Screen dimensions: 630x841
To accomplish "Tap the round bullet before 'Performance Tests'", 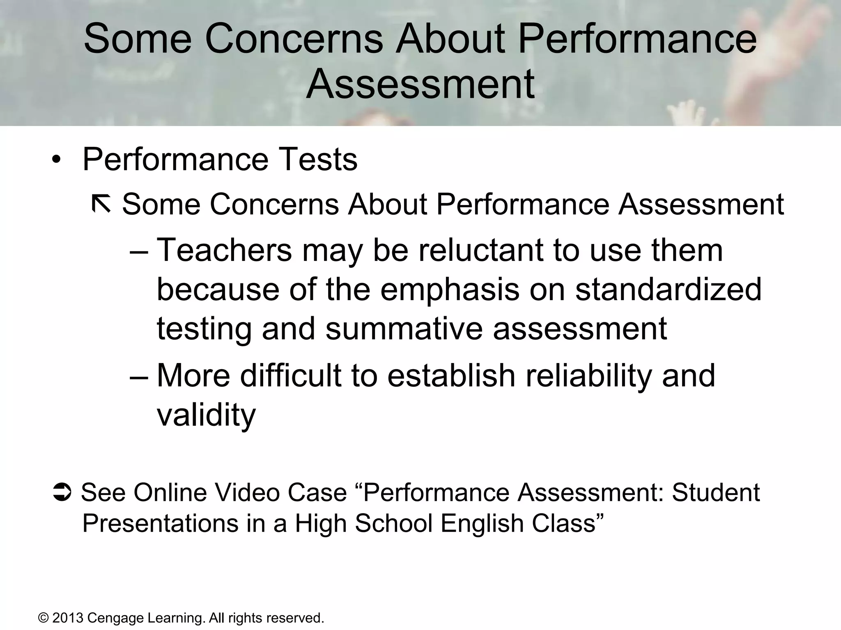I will [56, 160].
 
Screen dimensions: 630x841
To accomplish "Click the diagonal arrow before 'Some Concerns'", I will [101, 204].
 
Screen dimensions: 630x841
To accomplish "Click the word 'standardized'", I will [668, 289].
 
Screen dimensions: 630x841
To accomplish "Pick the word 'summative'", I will [404, 329].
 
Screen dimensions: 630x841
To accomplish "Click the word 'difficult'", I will [290, 375].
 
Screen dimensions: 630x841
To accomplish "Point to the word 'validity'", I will [206, 415].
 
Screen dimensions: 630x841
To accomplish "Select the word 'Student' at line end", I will [716, 492].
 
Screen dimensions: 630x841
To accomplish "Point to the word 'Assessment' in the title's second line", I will [420, 84].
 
